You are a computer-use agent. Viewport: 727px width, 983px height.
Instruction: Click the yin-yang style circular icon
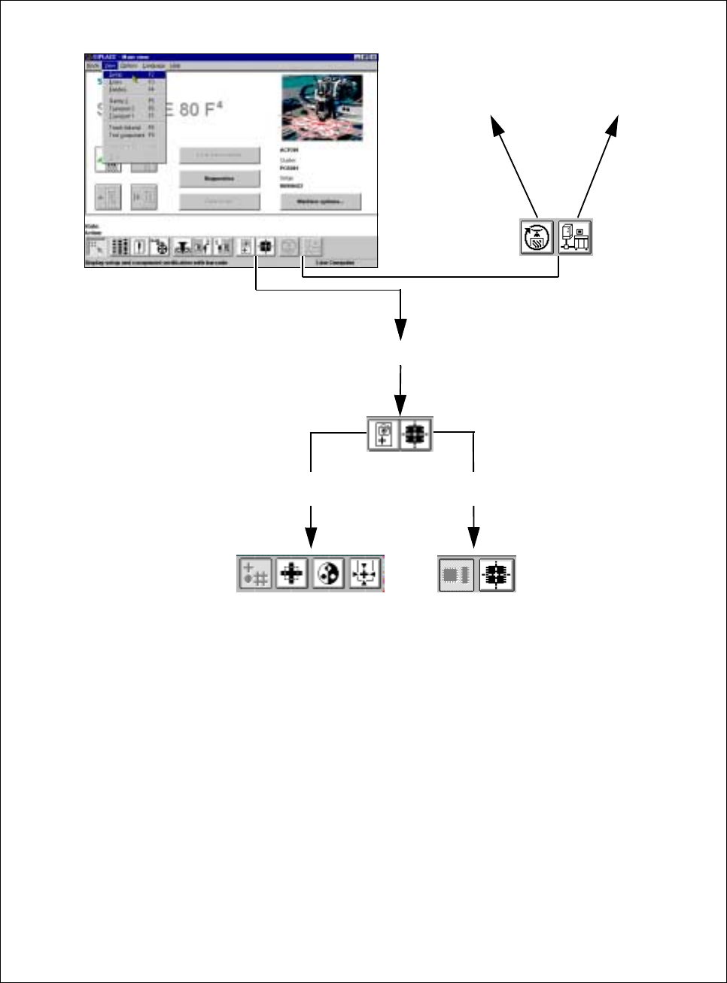pyautogui.click(x=328, y=574)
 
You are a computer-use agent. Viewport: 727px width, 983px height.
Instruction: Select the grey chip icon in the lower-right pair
pyautogui.click(x=456, y=574)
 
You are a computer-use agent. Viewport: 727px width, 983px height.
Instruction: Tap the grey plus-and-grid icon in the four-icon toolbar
pyautogui.click(x=255, y=574)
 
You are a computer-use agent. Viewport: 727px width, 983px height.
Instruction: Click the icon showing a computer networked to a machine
pyautogui.click(x=575, y=237)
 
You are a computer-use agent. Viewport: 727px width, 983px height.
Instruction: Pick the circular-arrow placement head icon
pyautogui.click(x=538, y=237)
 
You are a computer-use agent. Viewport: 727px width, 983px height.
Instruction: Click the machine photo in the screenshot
pyautogui.click(x=321, y=107)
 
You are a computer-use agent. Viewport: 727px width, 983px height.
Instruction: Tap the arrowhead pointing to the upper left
pyautogui.click(x=497, y=124)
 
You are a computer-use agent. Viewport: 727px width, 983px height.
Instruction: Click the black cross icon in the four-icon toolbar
pyautogui.click(x=291, y=574)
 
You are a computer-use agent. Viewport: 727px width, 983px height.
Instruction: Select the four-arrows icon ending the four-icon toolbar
pyautogui.click(x=365, y=574)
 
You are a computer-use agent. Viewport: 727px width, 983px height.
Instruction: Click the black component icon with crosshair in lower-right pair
pyautogui.click(x=495, y=574)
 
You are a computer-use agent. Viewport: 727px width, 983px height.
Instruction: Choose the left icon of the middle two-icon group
pyautogui.click(x=384, y=434)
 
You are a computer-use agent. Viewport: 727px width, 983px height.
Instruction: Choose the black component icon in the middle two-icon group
pyautogui.click(x=415, y=434)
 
